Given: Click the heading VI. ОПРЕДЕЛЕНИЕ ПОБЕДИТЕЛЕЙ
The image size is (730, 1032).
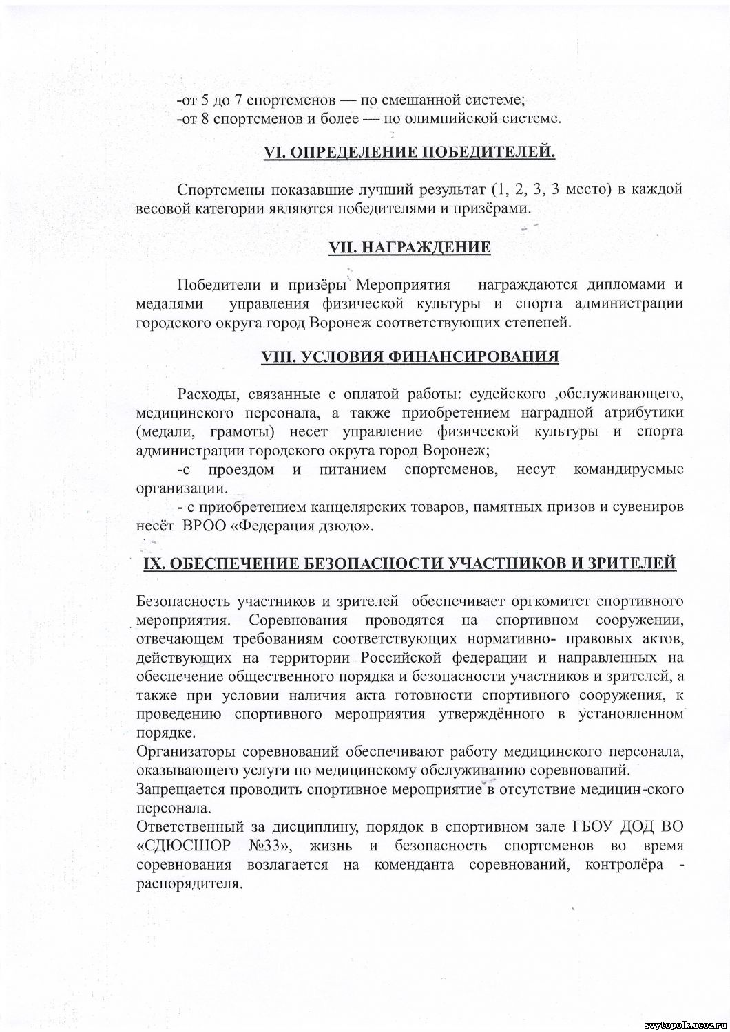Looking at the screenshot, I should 410,153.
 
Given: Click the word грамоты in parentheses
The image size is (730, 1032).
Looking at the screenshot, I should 246,431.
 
